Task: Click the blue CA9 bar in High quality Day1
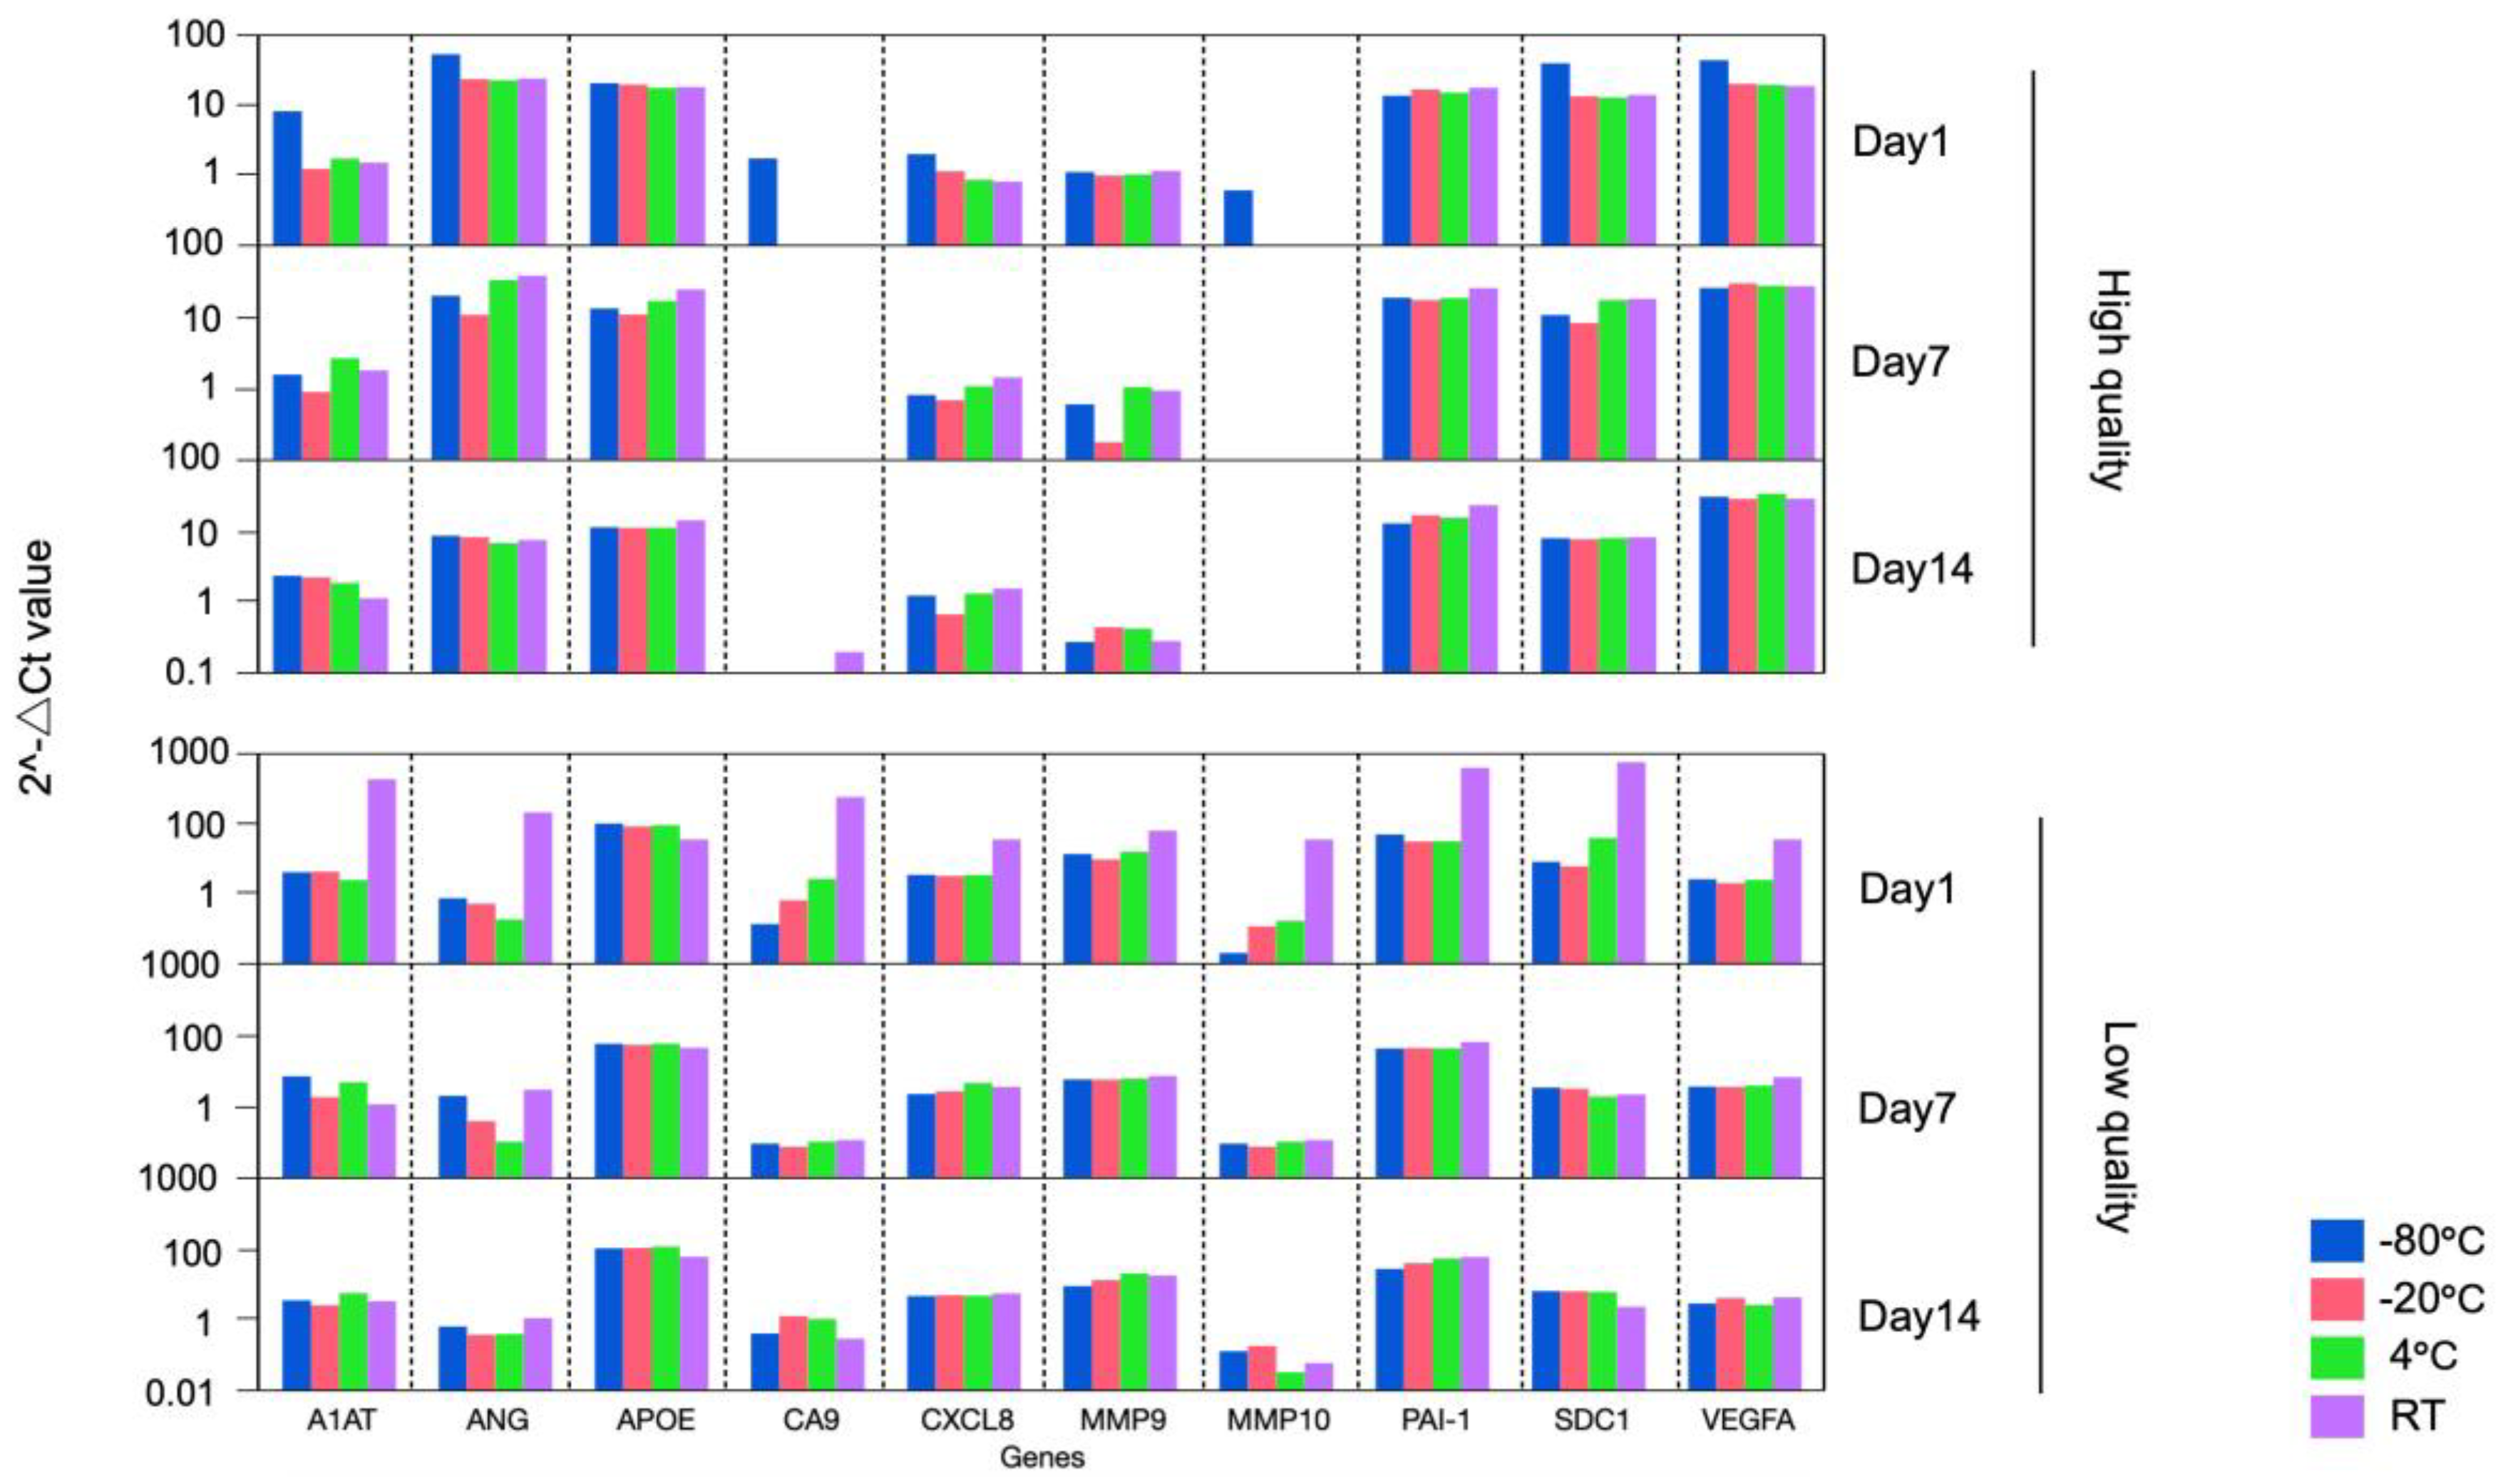pyautogui.click(x=763, y=201)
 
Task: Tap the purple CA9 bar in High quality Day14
pyautogui.click(x=848, y=661)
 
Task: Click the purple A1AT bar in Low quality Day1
pyautogui.click(x=382, y=870)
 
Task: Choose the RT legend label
pyautogui.click(x=2417, y=1416)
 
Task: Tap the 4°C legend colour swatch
pyautogui.click(x=2336, y=1357)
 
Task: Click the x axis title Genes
pyautogui.click(x=1042, y=1458)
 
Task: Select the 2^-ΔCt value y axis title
pyautogui.click(x=38, y=668)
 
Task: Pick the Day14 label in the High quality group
pyautogui.click(x=1912, y=569)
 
